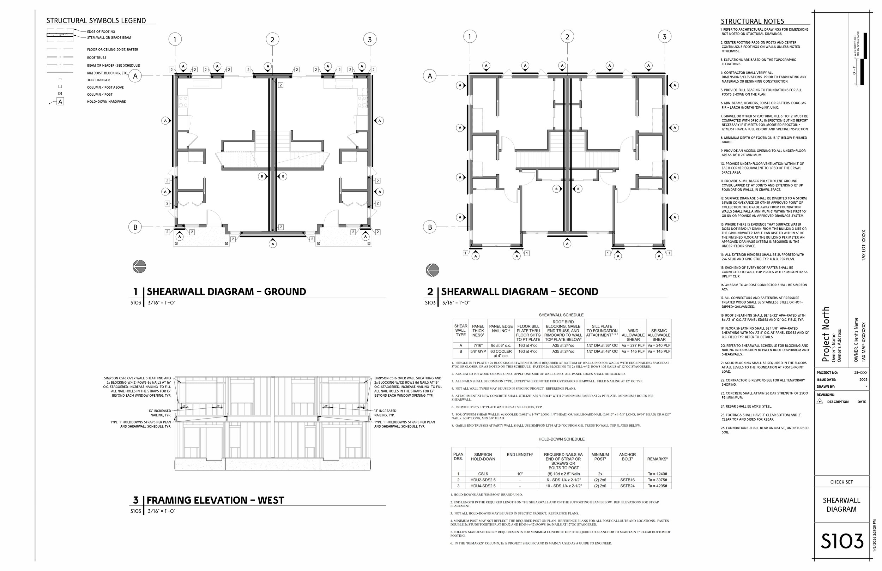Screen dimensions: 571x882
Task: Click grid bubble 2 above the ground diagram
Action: pyautogui.click(x=272, y=40)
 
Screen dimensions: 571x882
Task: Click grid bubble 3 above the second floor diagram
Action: pyautogui.click(x=664, y=37)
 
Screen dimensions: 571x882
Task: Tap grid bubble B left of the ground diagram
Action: pyautogui.click(x=135, y=227)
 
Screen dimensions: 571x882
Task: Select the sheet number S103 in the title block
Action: pyautogui.click(x=842, y=542)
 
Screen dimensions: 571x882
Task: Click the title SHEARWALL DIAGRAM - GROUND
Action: pyautogui.click(x=226, y=292)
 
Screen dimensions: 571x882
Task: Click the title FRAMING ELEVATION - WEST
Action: pyautogui.click(x=215, y=500)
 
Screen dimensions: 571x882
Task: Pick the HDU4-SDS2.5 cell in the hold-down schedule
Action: pyautogui.click(x=483, y=486)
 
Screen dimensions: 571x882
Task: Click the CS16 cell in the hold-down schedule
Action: pyautogui.click(x=483, y=474)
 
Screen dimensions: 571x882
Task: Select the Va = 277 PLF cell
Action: pyautogui.click(x=633, y=345)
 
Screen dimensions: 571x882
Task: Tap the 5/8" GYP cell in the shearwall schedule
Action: pyautogui.click(x=478, y=351)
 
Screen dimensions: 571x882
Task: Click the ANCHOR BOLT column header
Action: pyautogui.click(x=627, y=457)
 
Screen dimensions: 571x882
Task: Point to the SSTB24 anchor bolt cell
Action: pyautogui.click(x=627, y=486)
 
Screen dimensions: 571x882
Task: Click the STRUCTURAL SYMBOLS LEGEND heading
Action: pyautogui.click(x=96, y=21)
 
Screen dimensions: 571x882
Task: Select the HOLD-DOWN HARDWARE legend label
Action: pyautogui.click(x=106, y=102)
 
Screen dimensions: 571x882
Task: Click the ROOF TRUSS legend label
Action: pyautogui.click(x=97, y=58)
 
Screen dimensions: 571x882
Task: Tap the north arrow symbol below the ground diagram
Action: pyautogui.click(x=139, y=266)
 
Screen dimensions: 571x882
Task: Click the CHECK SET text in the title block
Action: pyautogui.click(x=841, y=482)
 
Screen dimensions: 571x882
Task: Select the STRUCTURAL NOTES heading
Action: pyautogui.click(x=752, y=22)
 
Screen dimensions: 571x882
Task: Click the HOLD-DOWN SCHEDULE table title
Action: pyautogui.click(x=561, y=439)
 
